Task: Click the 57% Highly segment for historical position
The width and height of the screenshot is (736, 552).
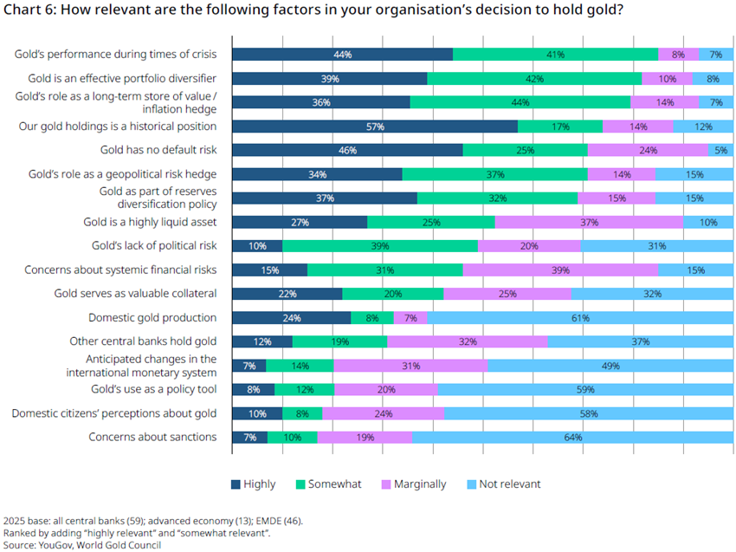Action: pos(375,127)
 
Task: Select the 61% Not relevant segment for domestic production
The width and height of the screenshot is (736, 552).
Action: pos(580,317)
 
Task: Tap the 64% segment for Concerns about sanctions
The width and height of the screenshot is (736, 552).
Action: pos(572,437)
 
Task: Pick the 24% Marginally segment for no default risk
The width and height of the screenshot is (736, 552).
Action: pos(648,150)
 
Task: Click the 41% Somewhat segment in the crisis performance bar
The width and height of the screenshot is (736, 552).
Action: pos(555,55)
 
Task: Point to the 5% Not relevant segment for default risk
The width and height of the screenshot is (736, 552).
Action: pos(720,150)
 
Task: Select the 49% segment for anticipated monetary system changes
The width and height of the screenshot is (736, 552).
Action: pos(610,366)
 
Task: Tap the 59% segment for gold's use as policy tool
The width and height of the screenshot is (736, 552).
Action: pos(585,389)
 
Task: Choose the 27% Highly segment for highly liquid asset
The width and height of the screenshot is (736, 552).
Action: pos(300,222)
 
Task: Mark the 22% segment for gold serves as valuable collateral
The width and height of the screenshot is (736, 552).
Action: pos(287,294)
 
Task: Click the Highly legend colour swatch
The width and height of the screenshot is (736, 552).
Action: pos(236,484)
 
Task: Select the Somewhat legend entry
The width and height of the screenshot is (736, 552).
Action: pos(328,484)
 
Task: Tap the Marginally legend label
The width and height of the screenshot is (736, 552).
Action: pos(420,484)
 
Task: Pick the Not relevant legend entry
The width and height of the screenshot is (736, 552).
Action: pos(504,484)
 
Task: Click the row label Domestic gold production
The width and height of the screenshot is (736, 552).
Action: pos(152,317)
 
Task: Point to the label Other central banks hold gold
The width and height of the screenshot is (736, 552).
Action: pos(143,341)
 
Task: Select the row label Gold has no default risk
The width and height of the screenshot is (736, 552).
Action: pos(158,150)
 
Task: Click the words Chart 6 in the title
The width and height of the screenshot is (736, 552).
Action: pos(29,10)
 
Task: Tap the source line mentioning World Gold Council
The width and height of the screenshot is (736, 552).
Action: pos(82,545)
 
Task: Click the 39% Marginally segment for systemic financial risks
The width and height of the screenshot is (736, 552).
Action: pos(560,270)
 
